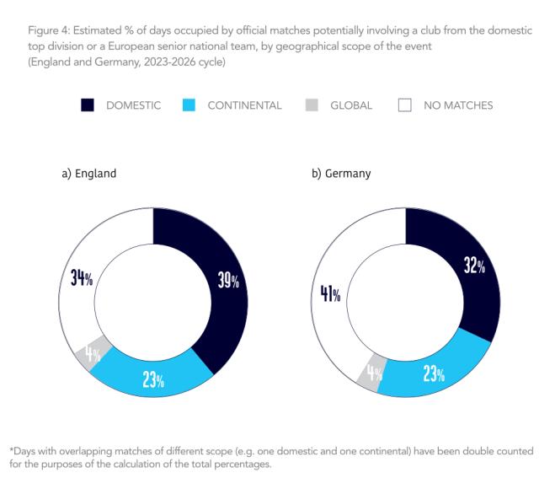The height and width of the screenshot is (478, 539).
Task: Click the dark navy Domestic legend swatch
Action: [x=88, y=105]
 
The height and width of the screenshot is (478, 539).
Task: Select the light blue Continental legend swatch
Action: [x=189, y=105]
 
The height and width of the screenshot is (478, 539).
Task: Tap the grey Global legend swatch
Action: [x=312, y=105]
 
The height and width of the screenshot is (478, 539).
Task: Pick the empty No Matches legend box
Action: [x=404, y=105]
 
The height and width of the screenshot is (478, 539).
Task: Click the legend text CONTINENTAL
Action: [x=244, y=105]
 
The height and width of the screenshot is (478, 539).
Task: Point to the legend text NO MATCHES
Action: [x=458, y=105]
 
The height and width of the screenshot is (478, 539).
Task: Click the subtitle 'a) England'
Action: [x=88, y=174]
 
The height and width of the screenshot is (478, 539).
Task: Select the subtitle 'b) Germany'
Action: [x=341, y=174]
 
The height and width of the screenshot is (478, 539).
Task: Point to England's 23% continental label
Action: [x=152, y=379]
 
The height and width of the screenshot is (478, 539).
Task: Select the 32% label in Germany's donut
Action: [x=474, y=266]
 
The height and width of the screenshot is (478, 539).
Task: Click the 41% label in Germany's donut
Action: [x=330, y=294]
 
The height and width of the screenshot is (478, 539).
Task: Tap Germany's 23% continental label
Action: [x=435, y=374]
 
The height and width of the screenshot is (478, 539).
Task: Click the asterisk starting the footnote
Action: [x=11, y=449]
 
